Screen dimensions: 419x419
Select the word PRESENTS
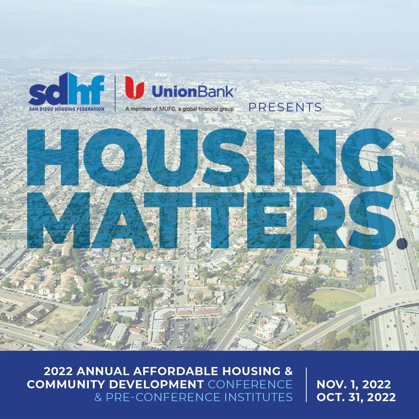285,107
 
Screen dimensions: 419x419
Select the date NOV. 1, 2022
354,384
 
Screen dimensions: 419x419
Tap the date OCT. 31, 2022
356,397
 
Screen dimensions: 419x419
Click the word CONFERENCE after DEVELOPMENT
250,384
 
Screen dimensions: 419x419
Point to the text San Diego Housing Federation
66,109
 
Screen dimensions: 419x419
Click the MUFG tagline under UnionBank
179,109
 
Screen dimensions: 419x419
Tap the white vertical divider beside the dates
306,384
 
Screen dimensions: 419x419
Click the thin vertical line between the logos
115,93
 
